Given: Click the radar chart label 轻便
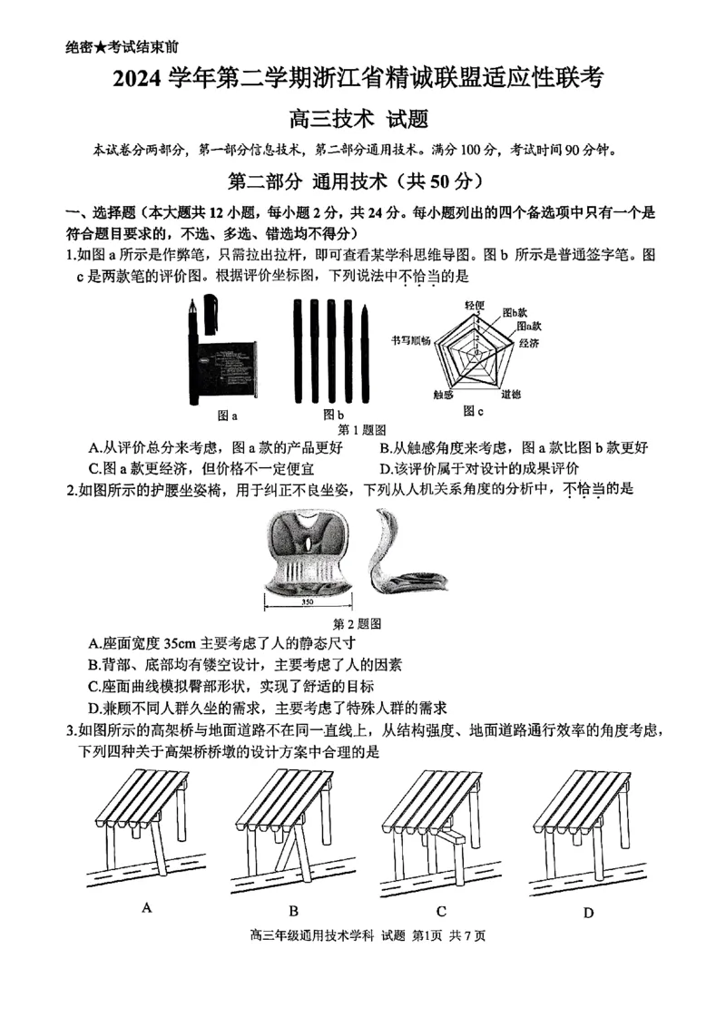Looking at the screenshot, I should click(x=476, y=305).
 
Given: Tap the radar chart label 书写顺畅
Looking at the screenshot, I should click(x=411, y=339).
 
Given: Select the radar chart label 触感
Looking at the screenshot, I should click(x=443, y=395).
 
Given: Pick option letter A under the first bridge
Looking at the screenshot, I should click(x=146, y=906).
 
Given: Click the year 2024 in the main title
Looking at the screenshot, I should click(x=136, y=81).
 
